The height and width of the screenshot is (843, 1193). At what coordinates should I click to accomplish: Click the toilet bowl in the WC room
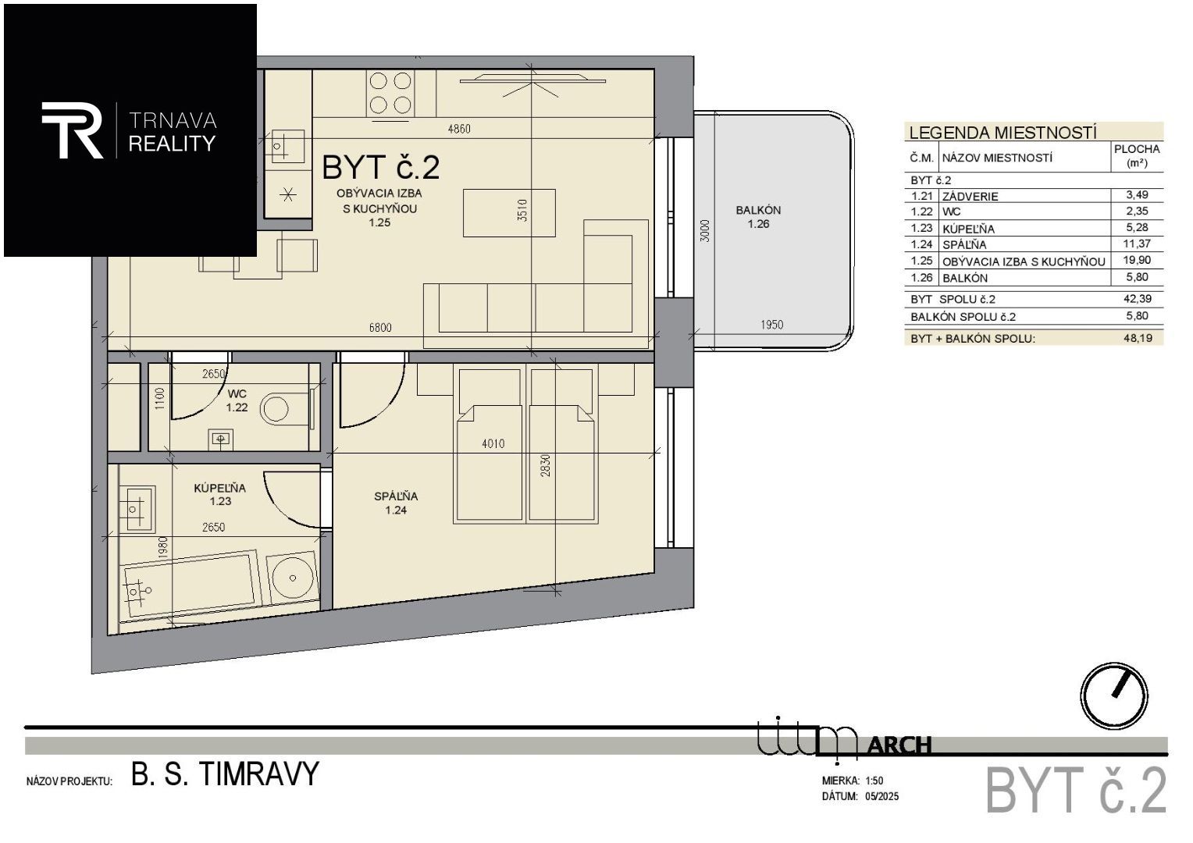pyautogui.click(x=275, y=410)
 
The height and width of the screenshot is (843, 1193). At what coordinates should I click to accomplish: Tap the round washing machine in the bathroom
pyautogui.click(x=292, y=578)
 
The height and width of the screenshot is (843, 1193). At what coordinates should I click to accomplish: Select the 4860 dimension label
pyautogui.click(x=459, y=129)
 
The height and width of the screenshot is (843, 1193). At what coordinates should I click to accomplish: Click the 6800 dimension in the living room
pyautogui.click(x=380, y=328)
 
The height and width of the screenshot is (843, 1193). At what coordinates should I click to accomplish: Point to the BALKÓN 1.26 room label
pyautogui.click(x=758, y=217)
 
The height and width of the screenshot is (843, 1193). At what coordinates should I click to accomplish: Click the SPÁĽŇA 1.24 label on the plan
pyautogui.click(x=396, y=503)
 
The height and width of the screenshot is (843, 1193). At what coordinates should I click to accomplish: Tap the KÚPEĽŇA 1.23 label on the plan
pyautogui.click(x=220, y=494)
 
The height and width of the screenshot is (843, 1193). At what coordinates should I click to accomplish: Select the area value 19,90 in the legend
pyautogui.click(x=1138, y=260)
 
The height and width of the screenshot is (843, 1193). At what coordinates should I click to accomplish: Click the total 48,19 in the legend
pyautogui.click(x=1138, y=338)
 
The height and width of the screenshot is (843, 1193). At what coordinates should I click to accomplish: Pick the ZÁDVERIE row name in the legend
pyautogui.click(x=970, y=196)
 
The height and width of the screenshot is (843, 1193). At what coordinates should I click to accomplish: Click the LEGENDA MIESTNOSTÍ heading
pyautogui.click(x=1002, y=133)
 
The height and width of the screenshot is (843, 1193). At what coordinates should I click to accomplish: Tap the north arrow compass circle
pyautogui.click(x=1114, y=696)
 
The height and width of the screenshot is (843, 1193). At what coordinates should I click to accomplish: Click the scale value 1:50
pyautogui.click(x=874, y=781)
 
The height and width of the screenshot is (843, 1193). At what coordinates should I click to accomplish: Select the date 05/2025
pyautogui.click(x=882, y=796)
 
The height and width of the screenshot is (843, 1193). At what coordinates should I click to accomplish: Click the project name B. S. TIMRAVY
pyautogui.click(x=225, y=774)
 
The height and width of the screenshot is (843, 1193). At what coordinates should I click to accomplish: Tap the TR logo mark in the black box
pyautogui.click(x=72, y=130)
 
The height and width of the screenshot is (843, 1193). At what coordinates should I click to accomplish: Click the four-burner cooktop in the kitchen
pyautogui.click(x=390, y=93)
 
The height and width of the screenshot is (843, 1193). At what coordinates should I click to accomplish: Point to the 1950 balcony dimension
pyautogui.click(x=771, y=324)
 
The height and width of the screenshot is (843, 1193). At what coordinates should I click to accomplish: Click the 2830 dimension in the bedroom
pyautogui.click(x=545, y=465)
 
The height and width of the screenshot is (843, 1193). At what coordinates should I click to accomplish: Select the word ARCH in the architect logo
pyautogui.click(x=900, y=745)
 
